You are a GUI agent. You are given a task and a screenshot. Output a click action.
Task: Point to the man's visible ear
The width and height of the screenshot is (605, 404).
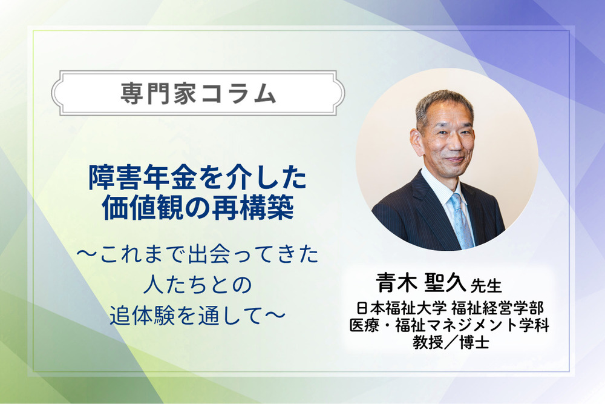pos(416,141)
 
